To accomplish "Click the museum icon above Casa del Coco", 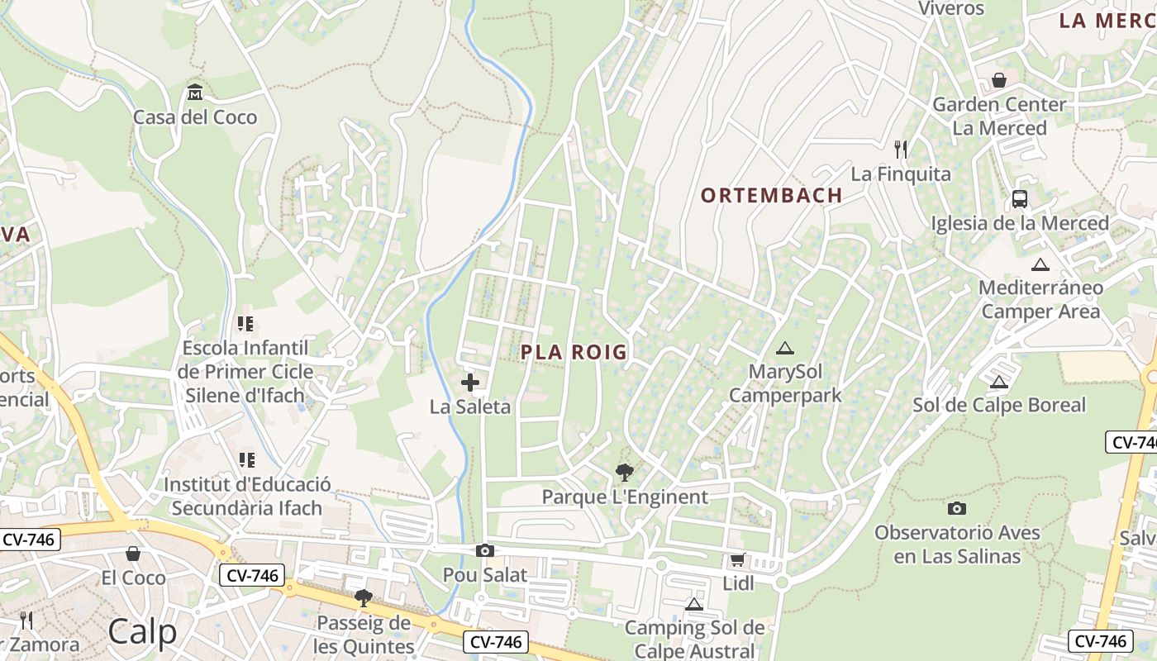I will (195, 91).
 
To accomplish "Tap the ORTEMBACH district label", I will (771, 196).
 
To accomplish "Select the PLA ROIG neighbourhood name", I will (574, 353).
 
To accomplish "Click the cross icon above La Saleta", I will (470, 383).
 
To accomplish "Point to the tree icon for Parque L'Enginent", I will (625, 473).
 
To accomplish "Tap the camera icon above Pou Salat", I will (485, 551).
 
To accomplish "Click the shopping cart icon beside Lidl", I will (737, 559).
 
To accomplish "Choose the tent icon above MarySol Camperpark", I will (784, 348).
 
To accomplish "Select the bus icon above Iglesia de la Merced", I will (1020, 199).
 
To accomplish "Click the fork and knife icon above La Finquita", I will (901, 150).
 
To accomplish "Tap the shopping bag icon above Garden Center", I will (999, 80).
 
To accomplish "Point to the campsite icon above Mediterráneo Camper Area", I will (1040, 264).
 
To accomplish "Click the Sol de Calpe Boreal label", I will (998, 405).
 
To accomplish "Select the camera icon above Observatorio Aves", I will (957, 508).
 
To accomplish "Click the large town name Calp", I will (142, 632).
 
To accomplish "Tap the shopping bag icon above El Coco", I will (133, 554).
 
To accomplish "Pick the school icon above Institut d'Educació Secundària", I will (246, 459).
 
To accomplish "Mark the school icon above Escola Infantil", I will (245, 324).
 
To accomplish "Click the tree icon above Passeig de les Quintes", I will (363, 597).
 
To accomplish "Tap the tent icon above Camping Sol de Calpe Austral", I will (694, 604).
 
